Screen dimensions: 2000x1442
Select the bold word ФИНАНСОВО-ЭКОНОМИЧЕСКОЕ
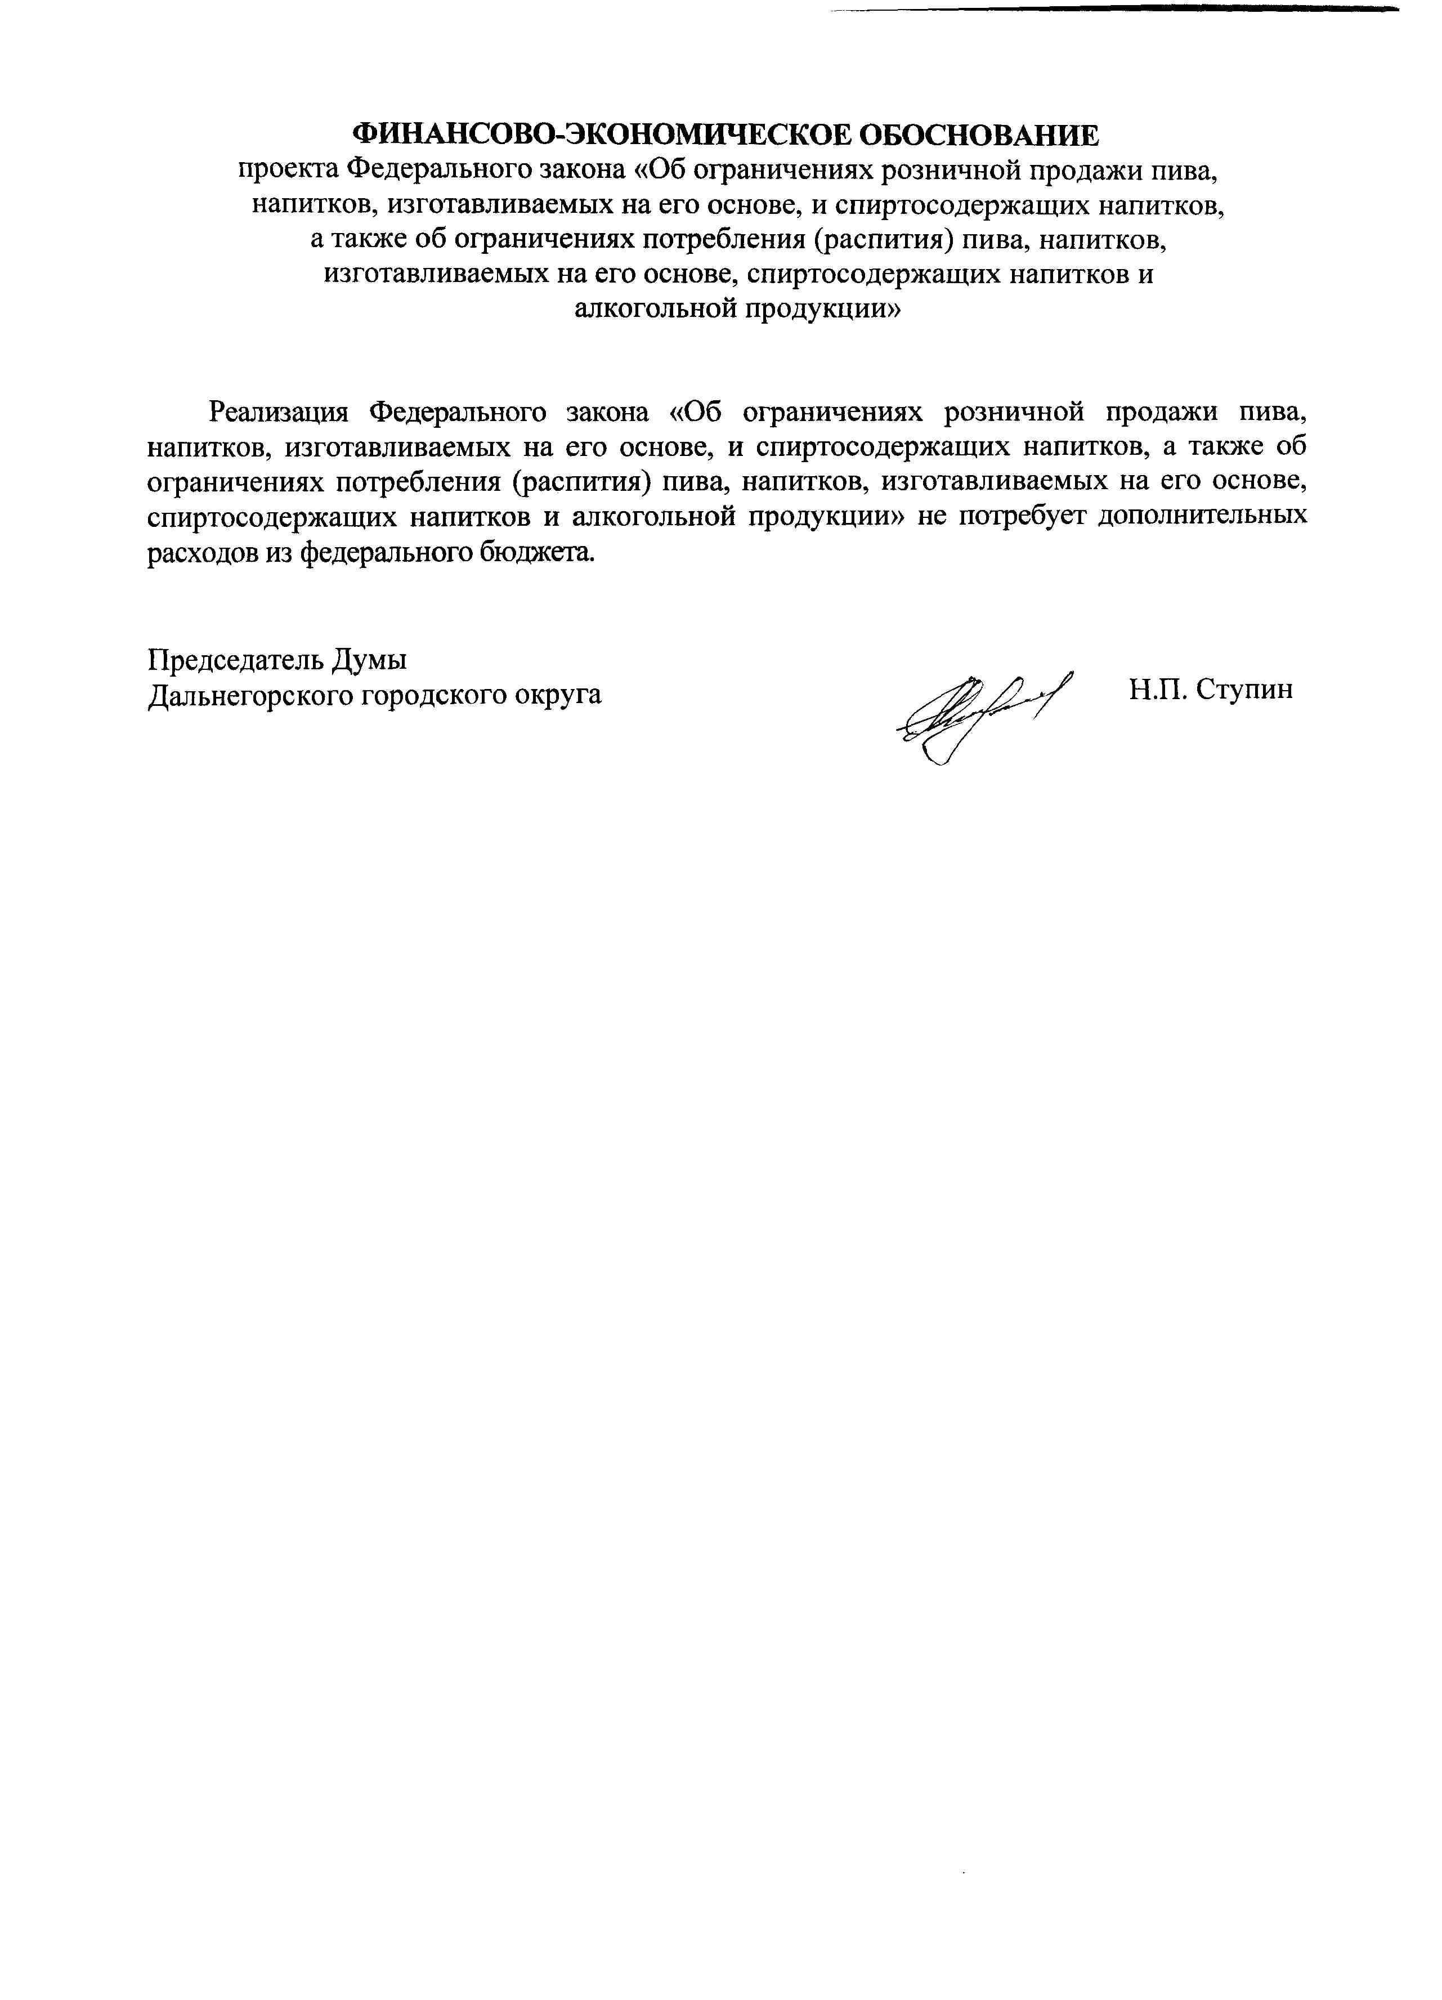coord(602,136)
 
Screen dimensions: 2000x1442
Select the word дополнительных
coord(1203,516)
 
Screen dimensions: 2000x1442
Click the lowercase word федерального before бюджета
coord(386,552)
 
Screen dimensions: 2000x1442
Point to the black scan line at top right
coord(1111,9)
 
